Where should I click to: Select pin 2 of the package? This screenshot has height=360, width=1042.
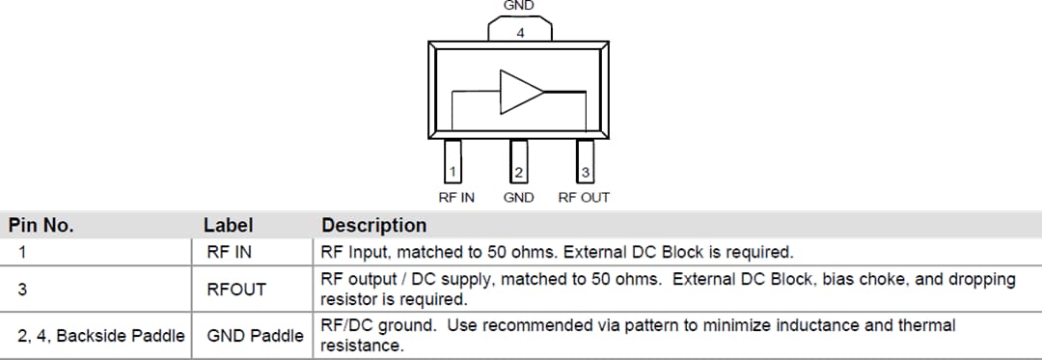519,161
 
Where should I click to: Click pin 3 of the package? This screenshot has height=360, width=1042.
585,161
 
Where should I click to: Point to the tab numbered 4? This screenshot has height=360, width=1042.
520,31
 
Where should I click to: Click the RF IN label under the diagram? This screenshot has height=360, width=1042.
456,198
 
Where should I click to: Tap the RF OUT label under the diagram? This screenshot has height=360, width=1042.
584,198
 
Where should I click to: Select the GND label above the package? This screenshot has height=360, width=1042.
519,6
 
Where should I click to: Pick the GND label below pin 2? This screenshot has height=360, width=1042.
519,198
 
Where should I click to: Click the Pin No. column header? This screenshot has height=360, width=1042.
41,226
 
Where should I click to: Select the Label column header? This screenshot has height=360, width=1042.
229,226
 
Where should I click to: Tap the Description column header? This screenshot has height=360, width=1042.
373,226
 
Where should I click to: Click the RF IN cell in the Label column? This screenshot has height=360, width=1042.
230,253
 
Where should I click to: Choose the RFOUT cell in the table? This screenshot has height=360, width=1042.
236,289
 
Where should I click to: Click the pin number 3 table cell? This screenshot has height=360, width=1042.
21,289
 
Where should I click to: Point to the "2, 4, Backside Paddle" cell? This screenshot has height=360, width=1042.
100,336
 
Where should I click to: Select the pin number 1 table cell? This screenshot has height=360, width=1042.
21,253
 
